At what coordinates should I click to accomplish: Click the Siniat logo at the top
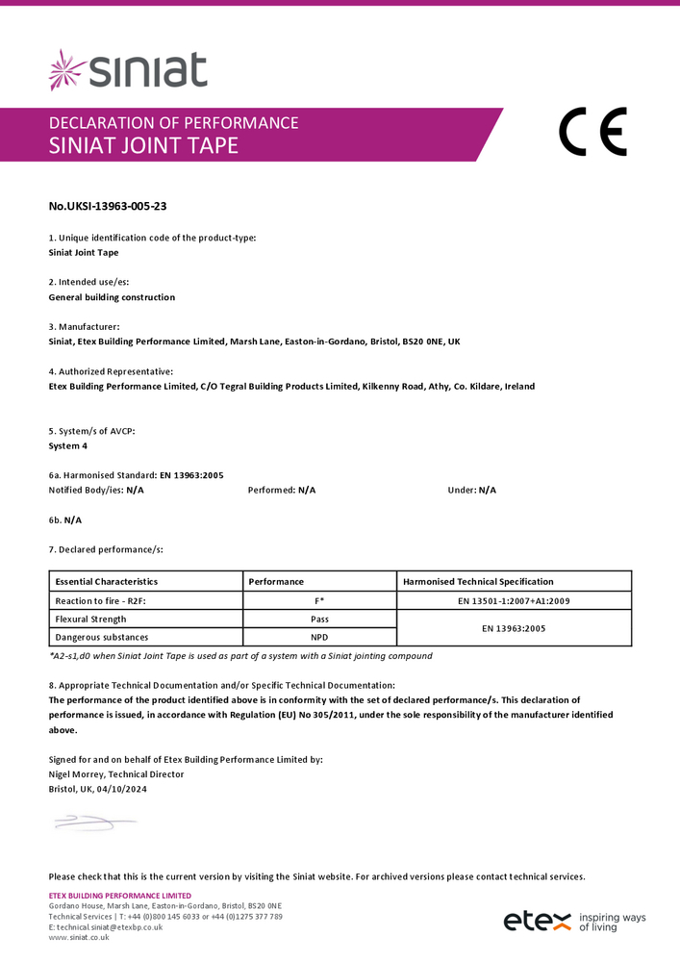pyautogui.click(x=128, y=70)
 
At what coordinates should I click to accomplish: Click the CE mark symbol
pyautogui.click(x=592, y=133)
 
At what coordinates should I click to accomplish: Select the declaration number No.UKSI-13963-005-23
pyautogui.click(x=101, y=205)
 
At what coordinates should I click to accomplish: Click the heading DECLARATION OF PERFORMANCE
pyautogui.click(x=173, y=122)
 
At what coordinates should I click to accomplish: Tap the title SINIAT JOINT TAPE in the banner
pyautogui.click(x=143, y=146)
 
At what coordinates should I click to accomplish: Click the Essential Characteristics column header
pyautogui.click(x=107, y=581)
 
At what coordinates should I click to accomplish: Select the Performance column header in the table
pyautogui.click(x=276, y=581)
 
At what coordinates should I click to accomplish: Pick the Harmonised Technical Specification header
pyautogui.click(x=478, y=581)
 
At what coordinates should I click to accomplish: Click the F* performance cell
pyautogui.click(x=319, y=600)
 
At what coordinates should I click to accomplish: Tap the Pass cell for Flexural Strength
pyautogui.click(x=319, y=619)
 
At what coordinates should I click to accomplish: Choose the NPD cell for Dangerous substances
pyautogui.click(x=319, y=637)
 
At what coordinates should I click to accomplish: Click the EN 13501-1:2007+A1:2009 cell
pyautogui.click(x=515, y=600)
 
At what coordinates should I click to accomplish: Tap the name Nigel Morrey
pyautogui.click(x=76, y=773)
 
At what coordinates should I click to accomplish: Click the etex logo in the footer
pyautogui.click(x=537, y=921)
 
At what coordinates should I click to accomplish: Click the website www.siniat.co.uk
pyautogui.click(x=79, y=937)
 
